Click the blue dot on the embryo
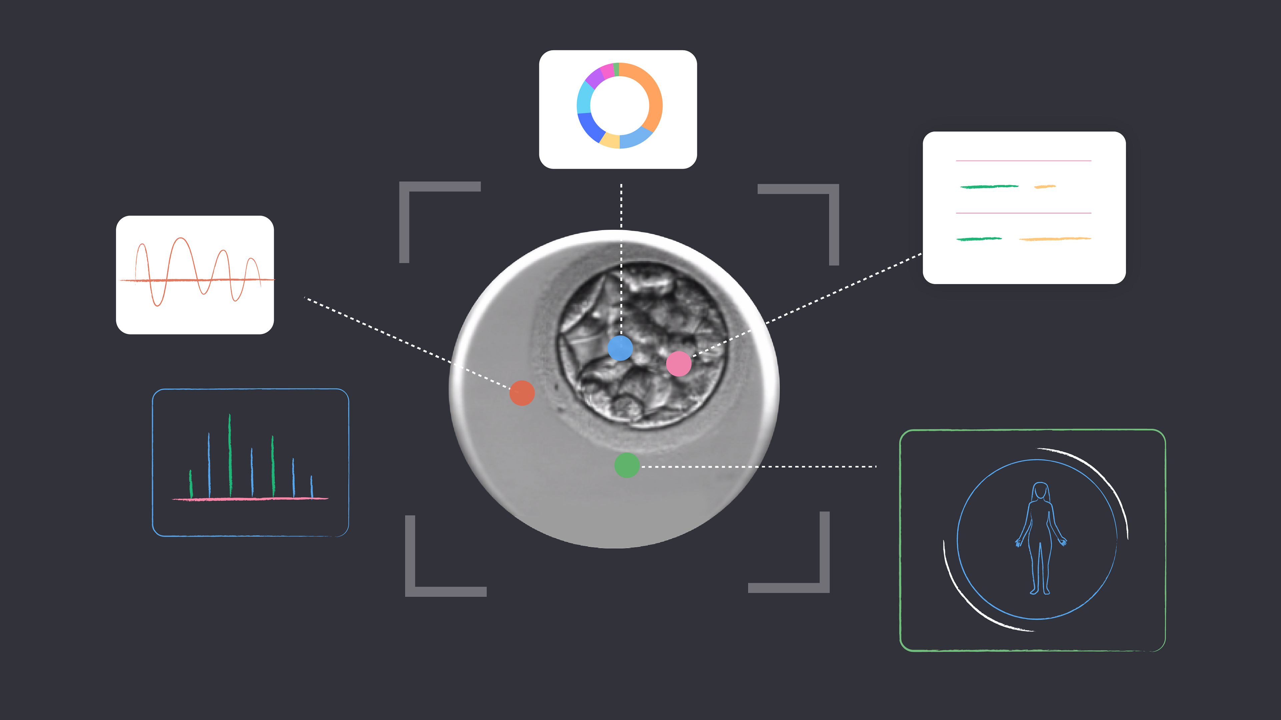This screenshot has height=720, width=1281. [x=620, y=348]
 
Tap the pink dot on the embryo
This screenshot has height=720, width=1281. [x=678, y=364]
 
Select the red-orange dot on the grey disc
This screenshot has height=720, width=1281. [x=522, y=393]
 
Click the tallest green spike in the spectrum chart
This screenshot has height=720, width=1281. [x=230, y=455]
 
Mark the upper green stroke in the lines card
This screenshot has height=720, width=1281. [x=988, y=187]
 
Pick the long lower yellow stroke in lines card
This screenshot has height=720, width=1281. [x=1054, y=239]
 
